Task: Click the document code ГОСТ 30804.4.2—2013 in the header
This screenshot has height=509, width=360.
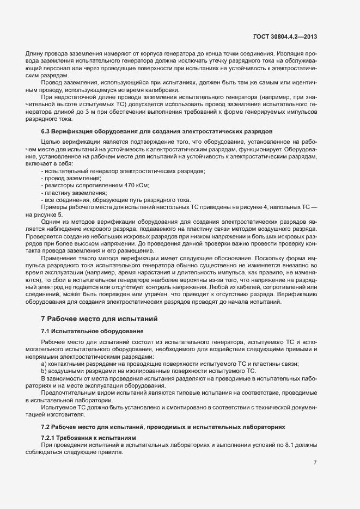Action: tap(285, 36)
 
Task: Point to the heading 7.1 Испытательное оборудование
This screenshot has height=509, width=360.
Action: tap(92, 331)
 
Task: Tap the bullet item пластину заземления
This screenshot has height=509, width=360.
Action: tap(75, 193)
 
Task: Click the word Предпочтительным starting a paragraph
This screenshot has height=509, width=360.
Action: tap(69, 393)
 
